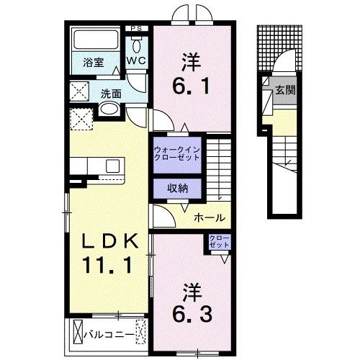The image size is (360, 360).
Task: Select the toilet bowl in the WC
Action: click(x=136, y=42)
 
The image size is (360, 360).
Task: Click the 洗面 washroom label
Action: click(x=110, y=93)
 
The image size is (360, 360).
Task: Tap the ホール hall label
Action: click(x=210, y=217)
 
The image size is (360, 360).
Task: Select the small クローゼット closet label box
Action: click(x=219, y=241)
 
